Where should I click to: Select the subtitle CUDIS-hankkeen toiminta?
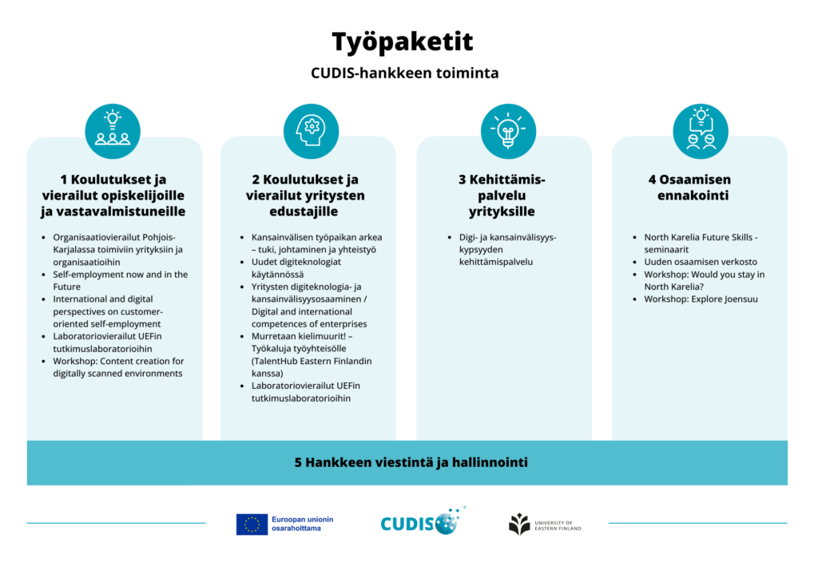[404, 73]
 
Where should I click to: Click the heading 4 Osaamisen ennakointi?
[700, 188]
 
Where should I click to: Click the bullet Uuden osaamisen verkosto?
[701, 262]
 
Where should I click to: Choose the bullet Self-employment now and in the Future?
[120, 280]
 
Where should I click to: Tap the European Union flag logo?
[252, 524]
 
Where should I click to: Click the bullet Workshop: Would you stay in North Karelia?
[704, 280]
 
